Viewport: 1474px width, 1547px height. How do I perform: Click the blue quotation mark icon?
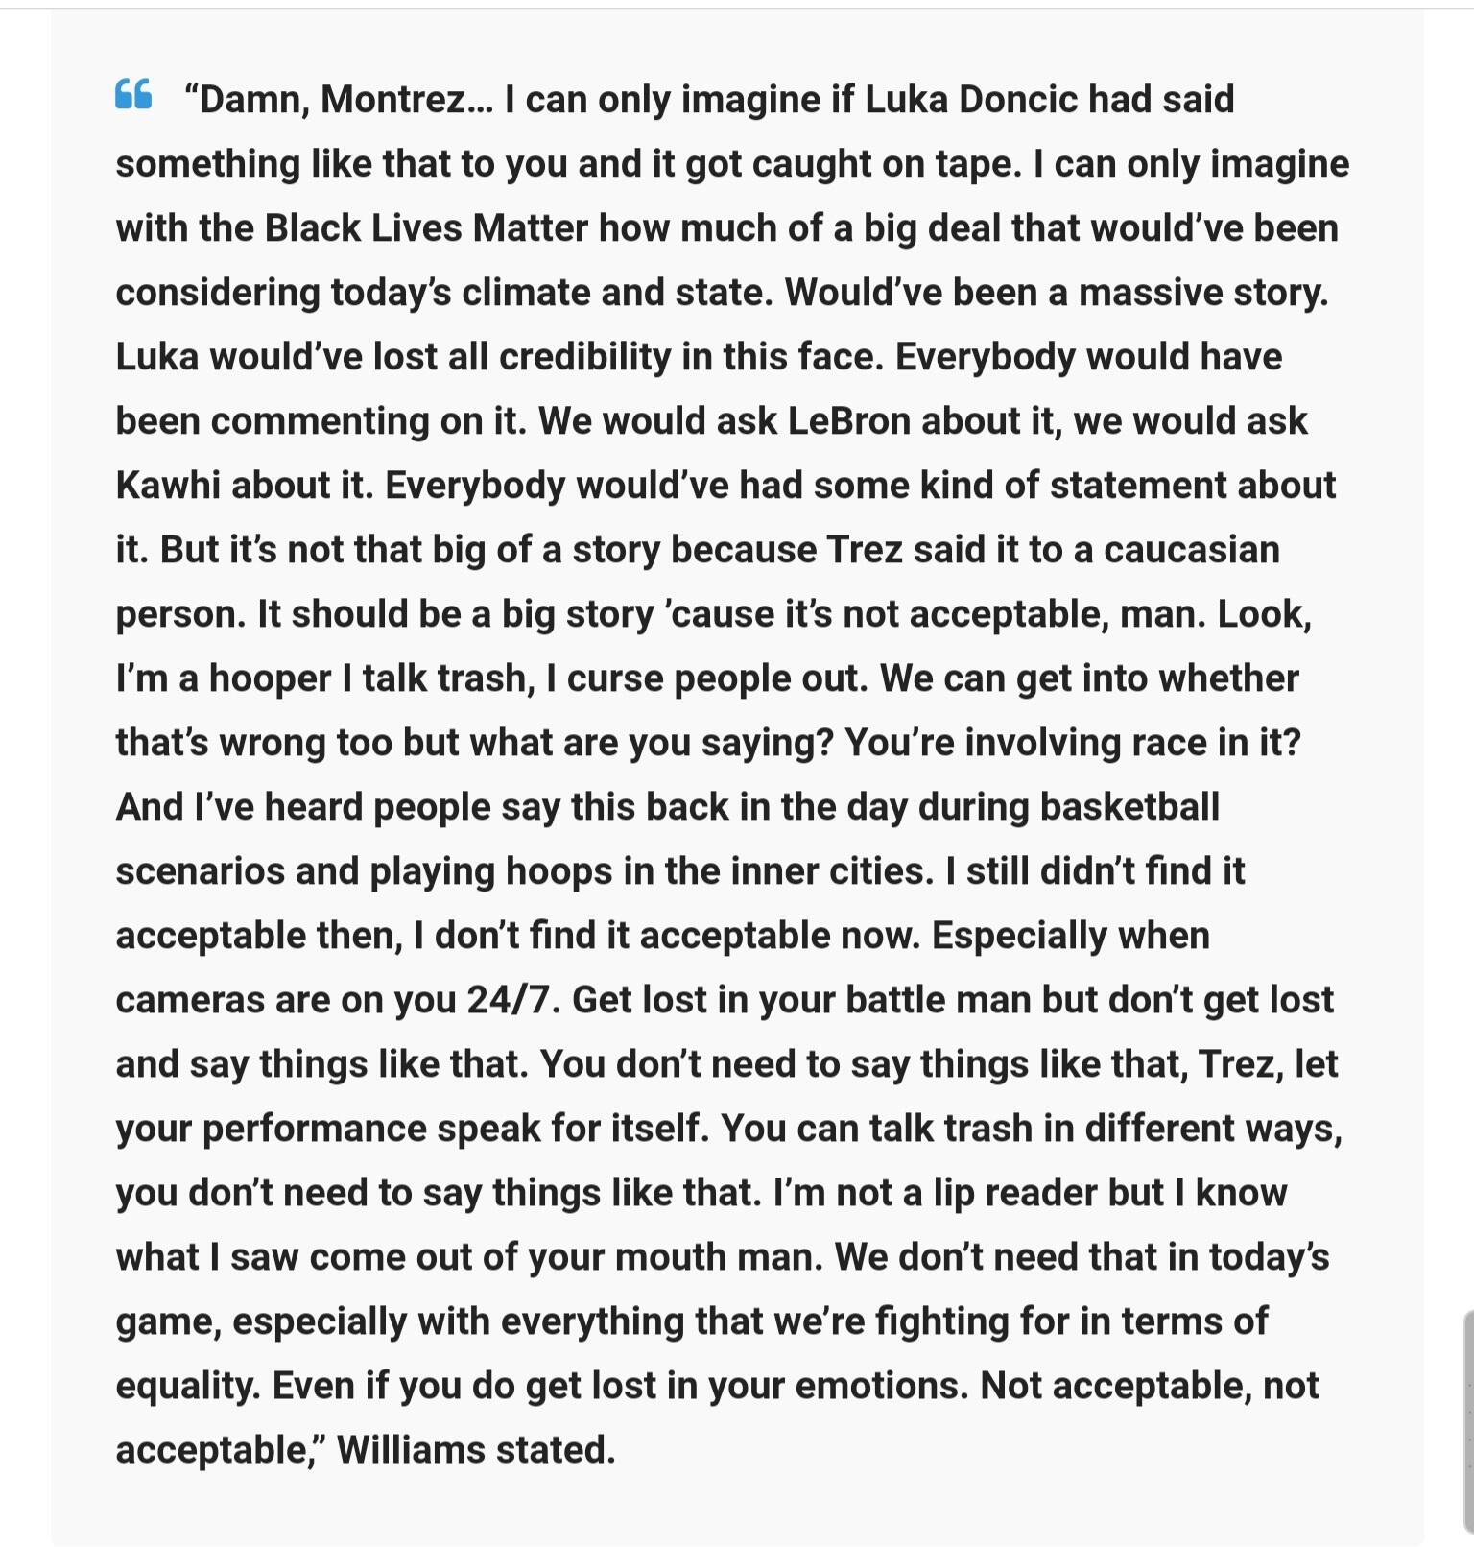pos(133,94)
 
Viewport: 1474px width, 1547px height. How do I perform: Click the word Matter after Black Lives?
pos(530,228)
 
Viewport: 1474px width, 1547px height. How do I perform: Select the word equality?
pos(188,1387)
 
